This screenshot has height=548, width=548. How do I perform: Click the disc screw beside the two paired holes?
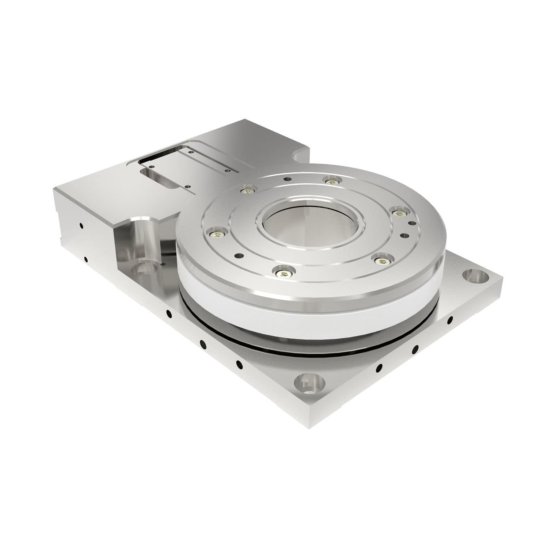point(399,212)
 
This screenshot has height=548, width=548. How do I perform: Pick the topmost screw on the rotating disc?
point(331,180)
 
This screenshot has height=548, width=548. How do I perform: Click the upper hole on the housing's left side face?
point(81,225)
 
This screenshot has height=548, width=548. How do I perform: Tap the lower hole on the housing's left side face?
point(85,260)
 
